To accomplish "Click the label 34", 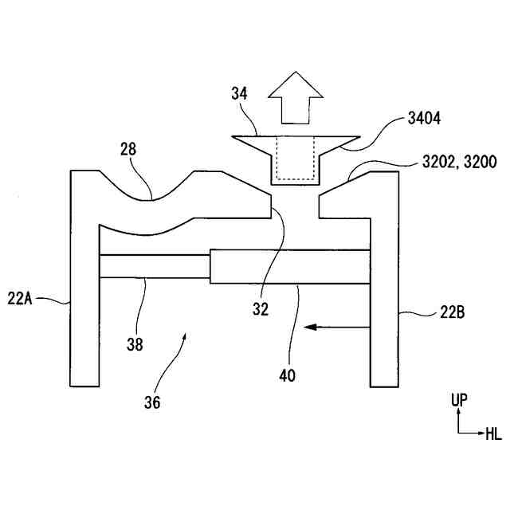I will (x=240, y=93).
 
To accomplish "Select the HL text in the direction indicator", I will (x=494, y=433).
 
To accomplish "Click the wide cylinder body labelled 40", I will (x=291, y=266).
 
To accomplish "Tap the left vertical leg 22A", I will (x=84, y=319).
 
